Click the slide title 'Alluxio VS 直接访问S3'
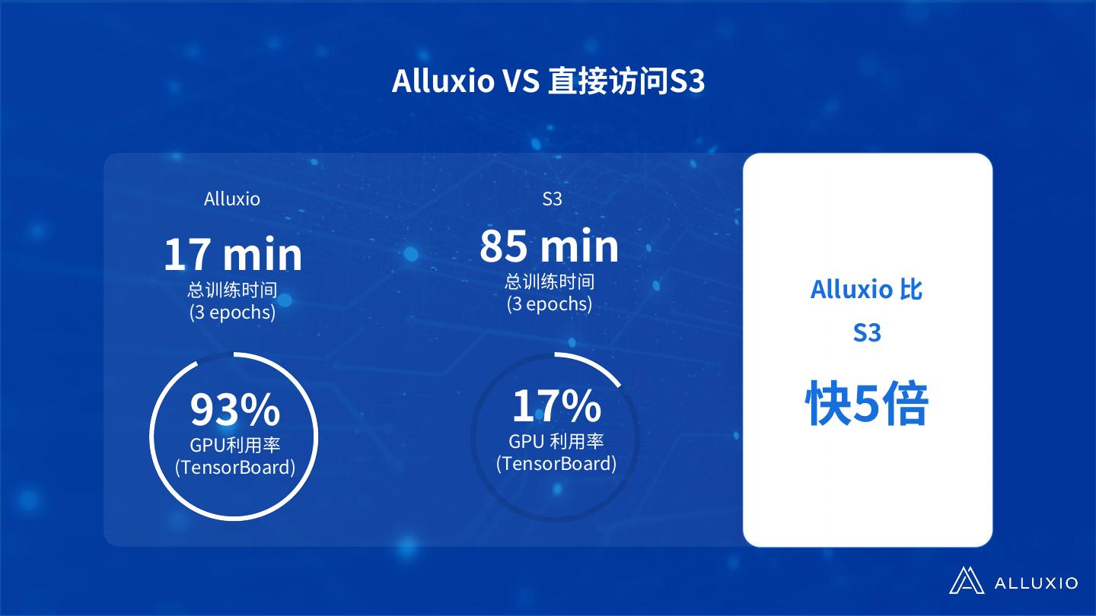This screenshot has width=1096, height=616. coord(548,81)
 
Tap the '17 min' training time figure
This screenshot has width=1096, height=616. coord(233,255)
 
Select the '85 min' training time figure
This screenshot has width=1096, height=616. coord(549,246)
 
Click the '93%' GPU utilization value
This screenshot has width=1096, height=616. coord(234,409)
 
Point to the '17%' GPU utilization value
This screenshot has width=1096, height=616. coord(556,405)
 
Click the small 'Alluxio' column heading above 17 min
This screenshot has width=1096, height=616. coord(232,199)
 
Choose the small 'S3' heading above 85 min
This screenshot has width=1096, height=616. coord(552,199)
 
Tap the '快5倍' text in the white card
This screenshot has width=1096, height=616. coord(867,405)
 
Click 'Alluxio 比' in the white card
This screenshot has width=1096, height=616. coord(867,290)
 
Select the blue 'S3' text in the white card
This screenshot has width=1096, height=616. coord(867,333)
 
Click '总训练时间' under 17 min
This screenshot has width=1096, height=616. coord(232,291)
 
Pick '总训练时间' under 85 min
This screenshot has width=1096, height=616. coord(549,282)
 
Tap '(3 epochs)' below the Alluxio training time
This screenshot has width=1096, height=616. coord(232,313)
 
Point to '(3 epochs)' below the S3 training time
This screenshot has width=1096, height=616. coord(549,304)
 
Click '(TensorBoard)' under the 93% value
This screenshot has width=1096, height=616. coord(234,467)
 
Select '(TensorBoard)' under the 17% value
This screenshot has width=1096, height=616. coord(556,463)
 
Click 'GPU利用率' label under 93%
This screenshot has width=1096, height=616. coord(234,445)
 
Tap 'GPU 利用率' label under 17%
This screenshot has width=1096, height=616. coord(556,441)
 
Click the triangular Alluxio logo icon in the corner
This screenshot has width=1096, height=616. coord(967,581)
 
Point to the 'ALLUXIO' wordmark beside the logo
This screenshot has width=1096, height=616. coord(1036,583)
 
